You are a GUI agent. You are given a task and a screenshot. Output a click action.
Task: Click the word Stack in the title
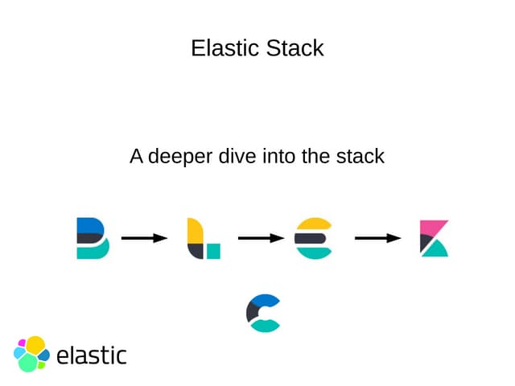(297, 48)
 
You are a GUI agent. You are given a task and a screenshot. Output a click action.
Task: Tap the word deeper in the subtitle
(180, 156)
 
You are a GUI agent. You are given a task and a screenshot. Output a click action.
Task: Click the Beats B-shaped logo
(93, 238)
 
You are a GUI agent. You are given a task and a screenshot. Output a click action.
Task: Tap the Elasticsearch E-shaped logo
(313, 238)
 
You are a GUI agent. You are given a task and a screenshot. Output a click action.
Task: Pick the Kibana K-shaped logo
(434, 238)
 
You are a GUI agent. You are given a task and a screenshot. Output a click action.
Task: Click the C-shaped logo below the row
(263, 314)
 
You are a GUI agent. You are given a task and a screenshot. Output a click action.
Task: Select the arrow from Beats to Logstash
(144, 238)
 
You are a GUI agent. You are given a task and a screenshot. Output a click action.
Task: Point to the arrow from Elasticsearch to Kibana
(378, 238)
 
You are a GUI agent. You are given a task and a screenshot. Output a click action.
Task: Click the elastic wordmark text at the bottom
(92, 355)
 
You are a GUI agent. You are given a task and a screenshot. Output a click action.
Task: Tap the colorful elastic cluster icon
(31, 354)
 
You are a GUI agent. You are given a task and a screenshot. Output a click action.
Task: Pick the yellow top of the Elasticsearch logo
(314, 224)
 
